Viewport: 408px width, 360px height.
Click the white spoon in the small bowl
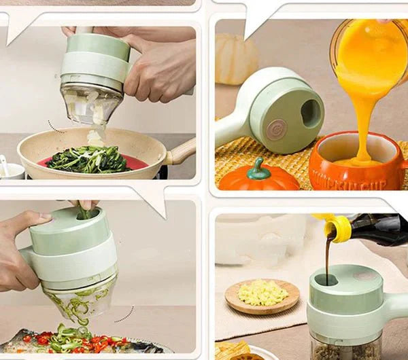[x=5, y=165]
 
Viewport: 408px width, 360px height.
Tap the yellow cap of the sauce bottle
[x=338, y=228]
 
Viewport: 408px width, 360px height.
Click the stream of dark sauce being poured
[x=328, y=258]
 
